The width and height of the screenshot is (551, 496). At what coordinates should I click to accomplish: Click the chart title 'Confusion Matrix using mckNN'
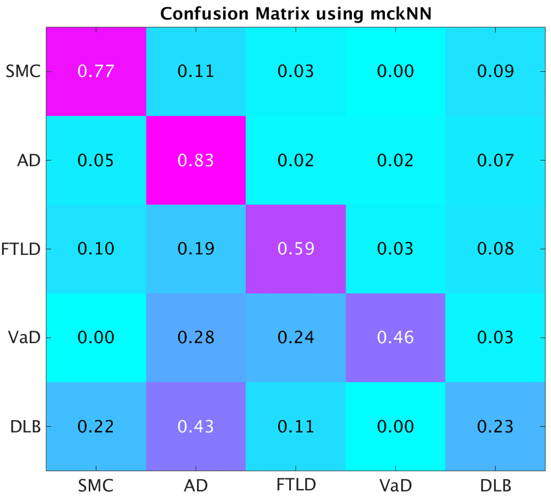pos(296,14)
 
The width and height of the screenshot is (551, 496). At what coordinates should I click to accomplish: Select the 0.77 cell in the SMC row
pos(96,71)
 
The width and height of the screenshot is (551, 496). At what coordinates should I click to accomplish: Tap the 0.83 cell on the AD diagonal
pos(196,160)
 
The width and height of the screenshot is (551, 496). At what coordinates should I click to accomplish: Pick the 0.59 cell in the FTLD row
pos(296,249)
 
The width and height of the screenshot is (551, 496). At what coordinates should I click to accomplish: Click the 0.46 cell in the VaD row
pos(395,337)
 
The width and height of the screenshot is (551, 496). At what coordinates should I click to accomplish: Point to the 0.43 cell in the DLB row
pos(196,426)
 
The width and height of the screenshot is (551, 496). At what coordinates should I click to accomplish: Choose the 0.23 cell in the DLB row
pos(495,426)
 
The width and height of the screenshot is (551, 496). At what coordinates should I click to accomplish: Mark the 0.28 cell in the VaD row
pos(196,337)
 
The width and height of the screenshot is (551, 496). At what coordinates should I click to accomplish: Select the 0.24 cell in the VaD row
pos(296,337)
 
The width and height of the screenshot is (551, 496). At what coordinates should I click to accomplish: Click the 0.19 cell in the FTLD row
pos(196,249)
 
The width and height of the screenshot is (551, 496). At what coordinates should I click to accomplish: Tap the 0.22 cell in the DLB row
pos(96,426)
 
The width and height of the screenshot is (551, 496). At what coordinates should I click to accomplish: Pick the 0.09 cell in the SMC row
pos(495,71)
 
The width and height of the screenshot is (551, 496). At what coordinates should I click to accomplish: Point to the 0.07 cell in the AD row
pos(495,160)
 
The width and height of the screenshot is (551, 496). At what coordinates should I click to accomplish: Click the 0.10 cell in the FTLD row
pos(96,249)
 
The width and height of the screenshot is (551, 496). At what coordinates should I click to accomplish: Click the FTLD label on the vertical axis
pos(23,249)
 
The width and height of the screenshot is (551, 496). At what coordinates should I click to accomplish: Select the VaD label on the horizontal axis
pos(395,484)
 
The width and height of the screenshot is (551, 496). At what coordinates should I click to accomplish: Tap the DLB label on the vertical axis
pos(27,426)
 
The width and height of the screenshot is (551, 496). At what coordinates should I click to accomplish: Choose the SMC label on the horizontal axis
pos(96,484)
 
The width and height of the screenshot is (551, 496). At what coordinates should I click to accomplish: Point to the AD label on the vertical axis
pos(30,160)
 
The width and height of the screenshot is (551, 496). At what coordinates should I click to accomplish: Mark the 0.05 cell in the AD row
pos(96,160)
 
